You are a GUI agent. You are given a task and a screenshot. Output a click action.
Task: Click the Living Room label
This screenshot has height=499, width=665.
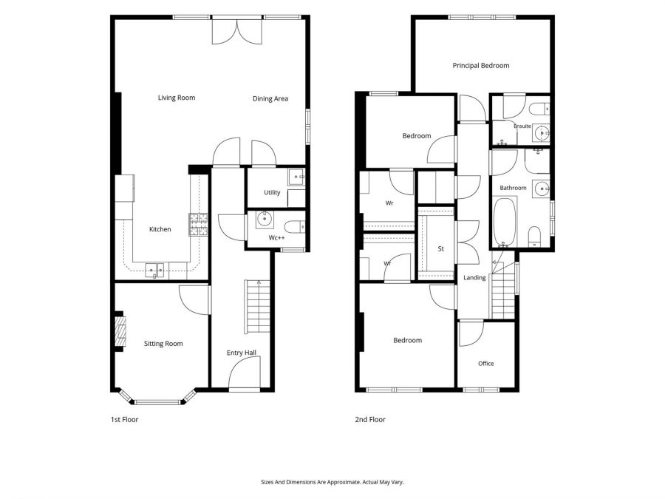point(177,98)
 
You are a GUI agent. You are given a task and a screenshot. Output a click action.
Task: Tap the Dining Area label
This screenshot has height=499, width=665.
point(270,98)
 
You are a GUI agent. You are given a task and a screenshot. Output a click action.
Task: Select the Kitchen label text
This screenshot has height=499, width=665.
point(160,229)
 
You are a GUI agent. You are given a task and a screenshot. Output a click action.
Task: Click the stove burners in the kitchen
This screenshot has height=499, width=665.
point(198,225)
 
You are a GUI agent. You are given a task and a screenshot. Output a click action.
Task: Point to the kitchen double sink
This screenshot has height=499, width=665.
point(154,270)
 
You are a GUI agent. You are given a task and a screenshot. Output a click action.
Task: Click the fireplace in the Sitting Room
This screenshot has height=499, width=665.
point(120,331)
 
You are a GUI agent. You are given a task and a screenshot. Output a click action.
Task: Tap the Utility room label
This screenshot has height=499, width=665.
point(272,193)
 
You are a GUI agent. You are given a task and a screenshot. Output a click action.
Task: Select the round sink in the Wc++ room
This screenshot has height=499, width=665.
point(265,220)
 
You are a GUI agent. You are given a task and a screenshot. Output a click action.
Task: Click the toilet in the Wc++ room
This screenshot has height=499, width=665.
point(295,227)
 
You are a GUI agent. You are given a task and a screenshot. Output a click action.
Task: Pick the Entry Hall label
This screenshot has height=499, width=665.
point(242,353)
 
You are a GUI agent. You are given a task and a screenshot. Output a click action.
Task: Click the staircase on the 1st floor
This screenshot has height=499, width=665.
point(257,306)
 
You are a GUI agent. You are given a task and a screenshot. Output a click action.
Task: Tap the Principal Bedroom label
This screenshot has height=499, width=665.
point(481,66)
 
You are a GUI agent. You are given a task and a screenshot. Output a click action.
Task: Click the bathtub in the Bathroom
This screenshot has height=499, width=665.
point(505,222)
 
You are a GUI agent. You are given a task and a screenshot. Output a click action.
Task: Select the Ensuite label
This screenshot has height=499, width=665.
point(522,126)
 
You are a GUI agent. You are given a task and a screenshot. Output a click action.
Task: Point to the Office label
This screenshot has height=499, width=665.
point(486,363)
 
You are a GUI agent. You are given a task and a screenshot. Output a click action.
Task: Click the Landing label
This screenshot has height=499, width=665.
point(474,277)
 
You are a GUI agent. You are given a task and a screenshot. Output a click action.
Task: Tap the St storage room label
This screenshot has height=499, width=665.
point(440,248)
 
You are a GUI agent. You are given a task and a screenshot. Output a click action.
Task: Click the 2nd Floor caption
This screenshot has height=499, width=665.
point(370,420)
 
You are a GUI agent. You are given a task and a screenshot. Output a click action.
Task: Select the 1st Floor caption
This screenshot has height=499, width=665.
point(125,420)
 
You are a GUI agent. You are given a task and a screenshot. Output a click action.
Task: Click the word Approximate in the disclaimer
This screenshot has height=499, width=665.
point(344,482)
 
